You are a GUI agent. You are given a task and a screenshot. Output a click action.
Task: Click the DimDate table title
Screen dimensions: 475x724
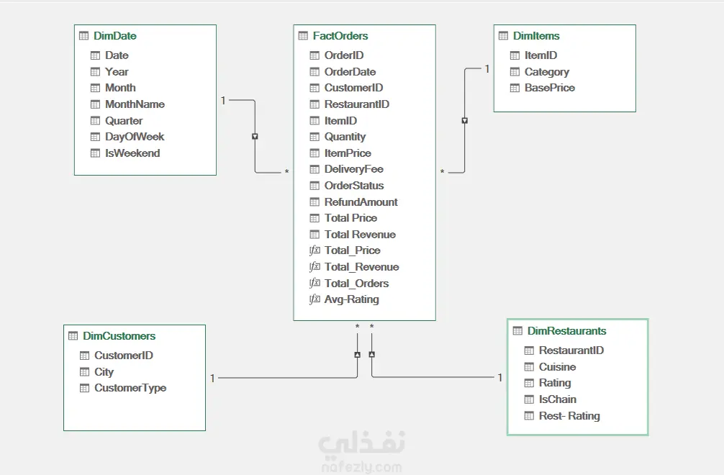(x=114, y=36)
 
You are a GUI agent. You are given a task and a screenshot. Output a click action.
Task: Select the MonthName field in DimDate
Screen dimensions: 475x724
(x=135, y=104)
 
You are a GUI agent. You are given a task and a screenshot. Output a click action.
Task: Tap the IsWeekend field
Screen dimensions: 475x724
(x=132, y=153)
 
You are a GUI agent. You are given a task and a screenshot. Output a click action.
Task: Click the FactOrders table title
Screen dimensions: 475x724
(x=340, y=36)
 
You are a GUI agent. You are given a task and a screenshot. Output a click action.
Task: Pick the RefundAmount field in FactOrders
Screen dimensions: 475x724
(x=361, y=202)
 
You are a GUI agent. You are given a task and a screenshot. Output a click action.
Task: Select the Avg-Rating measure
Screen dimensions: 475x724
(x=351, y=299)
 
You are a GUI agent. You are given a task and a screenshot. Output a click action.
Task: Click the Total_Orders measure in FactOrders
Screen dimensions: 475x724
(x=356, y=284)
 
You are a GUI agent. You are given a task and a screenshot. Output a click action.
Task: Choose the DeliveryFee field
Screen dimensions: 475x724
(x=353, y=169)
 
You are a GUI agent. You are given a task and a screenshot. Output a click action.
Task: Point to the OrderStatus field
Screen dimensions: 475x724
(x=354, y=186)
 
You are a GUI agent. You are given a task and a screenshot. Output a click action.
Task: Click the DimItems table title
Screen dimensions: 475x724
(x=536, y=36)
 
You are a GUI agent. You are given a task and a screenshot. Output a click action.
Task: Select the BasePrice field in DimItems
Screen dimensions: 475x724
(x=550, y=88)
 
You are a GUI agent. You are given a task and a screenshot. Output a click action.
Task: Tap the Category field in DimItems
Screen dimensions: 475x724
(x=547, y=72)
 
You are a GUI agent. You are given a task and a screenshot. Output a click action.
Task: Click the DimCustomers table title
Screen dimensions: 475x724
(x=119, y=336)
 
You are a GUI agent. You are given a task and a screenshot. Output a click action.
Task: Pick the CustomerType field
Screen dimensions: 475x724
(x=130, y=388)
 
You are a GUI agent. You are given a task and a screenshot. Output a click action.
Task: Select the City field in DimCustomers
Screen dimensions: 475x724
(x=104, y=372)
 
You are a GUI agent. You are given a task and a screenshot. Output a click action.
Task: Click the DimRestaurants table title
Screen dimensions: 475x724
(x=566, y=331)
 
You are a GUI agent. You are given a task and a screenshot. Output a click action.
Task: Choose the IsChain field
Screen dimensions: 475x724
(x=558, y=399)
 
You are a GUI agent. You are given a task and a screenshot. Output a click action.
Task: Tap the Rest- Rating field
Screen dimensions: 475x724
(x=569, y=416)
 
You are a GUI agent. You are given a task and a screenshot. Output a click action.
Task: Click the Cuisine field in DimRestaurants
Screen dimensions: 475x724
(x=557, y=367)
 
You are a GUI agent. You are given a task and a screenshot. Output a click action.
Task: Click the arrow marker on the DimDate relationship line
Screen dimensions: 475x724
(x=255, y=136)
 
